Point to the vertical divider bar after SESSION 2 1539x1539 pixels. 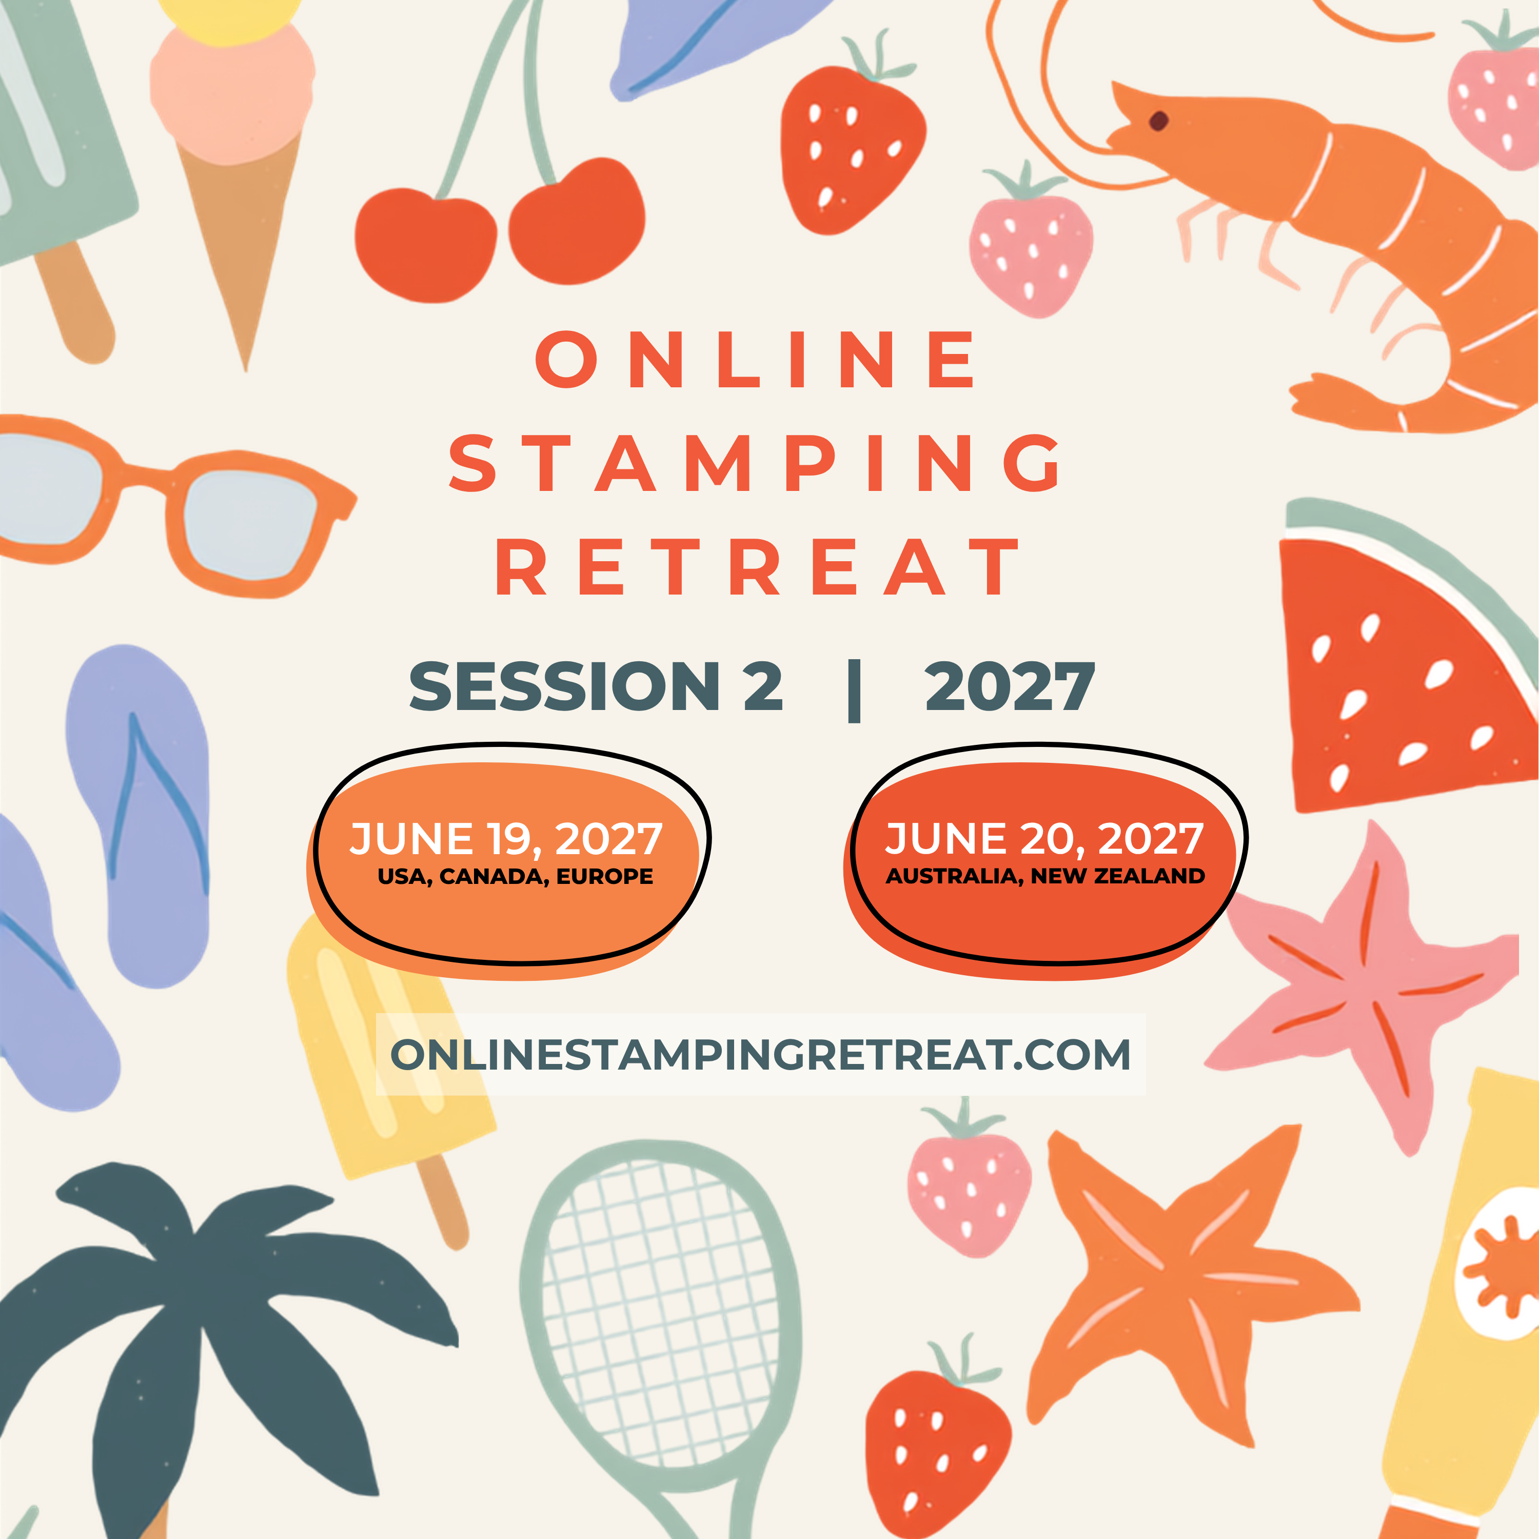(x=855, y=690)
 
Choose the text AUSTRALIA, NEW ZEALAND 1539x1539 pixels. (x=1045, y=876)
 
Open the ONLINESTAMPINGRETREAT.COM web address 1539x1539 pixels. (x=761, y=1054)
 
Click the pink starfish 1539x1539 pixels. (x=1362, y=988)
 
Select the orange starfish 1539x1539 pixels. (x=1187, y=1282)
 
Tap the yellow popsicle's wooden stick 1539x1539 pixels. (x=443, y=1203)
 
